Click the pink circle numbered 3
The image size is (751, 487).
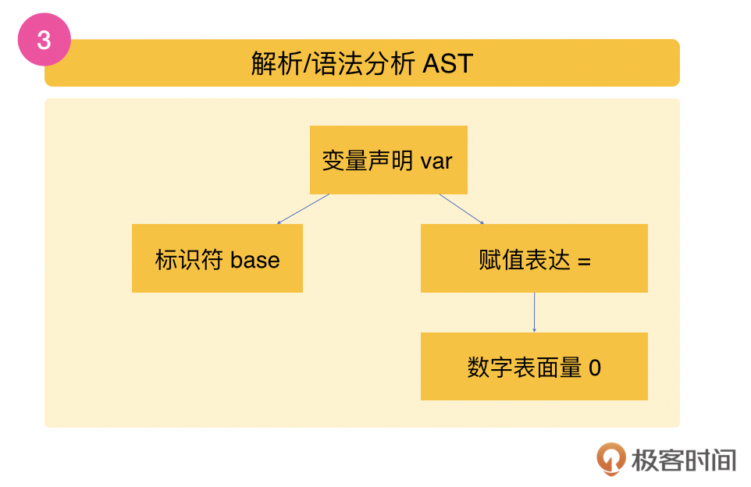click(x=44, y=40)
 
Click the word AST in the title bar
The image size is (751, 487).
click(x=447, y=63)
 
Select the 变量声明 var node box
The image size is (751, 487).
click(x=388, y=160)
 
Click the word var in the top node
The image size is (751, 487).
click(x=436, y=162)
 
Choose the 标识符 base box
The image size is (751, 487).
click(x=217, y=258)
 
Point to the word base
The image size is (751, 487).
click(x=254, y=260)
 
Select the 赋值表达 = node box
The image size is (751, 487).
click(x=534, y=258)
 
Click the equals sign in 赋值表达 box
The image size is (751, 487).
click(x=584, y=261)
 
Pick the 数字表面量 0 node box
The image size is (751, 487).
click(x=534, y=366)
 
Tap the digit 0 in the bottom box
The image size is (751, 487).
click(x=595, y=368)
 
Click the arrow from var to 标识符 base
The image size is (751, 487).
click(x=303, y=209)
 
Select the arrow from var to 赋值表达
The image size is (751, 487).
click(x=461, y=209)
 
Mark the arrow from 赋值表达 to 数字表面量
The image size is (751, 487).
click(x=534, y=312)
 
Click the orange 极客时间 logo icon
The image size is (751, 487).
click(x=610, y=458)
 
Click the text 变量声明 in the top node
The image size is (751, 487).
click(x=368, y=161)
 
